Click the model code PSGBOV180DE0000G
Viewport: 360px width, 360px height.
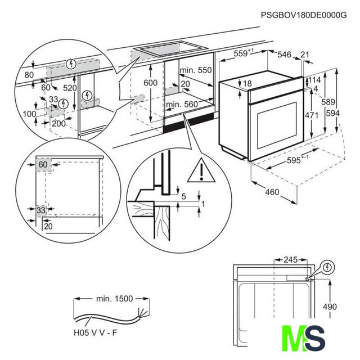[304, 15]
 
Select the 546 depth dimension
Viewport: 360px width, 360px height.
[284, 55]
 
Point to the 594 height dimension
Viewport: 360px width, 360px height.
[332, 113]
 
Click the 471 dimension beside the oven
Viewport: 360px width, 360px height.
[312, 115]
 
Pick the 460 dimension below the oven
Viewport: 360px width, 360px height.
[272, 192]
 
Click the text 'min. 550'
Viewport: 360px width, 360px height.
[196, 70]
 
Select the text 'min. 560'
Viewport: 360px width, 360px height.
[182, 105]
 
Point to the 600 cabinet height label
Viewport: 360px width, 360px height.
[150, 83]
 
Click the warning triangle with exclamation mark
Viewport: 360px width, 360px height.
[201, 171]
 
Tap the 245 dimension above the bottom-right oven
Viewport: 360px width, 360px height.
[291, 260]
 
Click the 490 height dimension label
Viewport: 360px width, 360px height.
[330, 307]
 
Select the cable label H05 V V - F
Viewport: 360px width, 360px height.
[95, 332]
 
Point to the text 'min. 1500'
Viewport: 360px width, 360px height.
[114, 299]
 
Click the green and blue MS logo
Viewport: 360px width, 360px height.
[304, 338]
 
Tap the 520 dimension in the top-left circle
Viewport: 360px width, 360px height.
[70, 88]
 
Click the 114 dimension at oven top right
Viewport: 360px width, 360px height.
[314, 80]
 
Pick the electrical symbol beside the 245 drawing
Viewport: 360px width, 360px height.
[327, 267]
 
